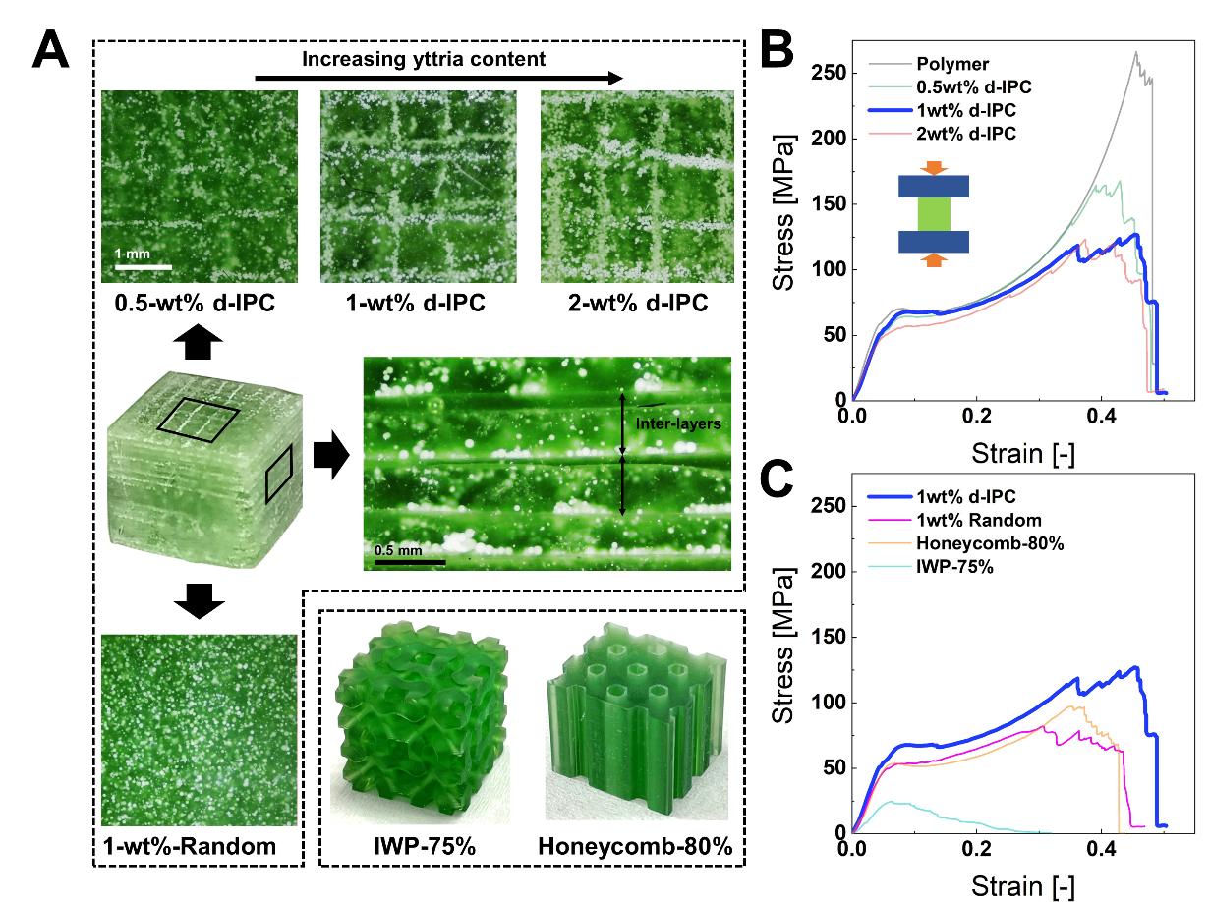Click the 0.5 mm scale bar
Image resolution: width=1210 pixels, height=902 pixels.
pos(410,563)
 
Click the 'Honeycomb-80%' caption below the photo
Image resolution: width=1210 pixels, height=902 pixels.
pos(638,846)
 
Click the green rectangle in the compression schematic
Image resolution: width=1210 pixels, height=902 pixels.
pos(934,215)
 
